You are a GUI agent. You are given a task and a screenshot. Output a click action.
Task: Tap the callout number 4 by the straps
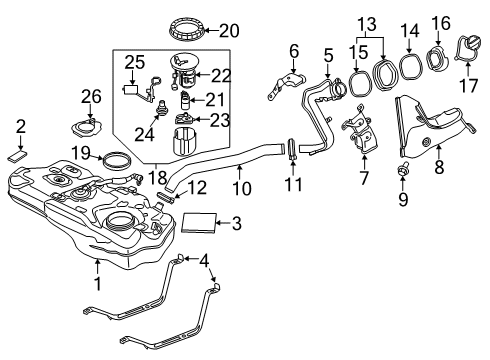coord(205,261)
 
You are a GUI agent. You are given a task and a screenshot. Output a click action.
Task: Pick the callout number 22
coord(221,76)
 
